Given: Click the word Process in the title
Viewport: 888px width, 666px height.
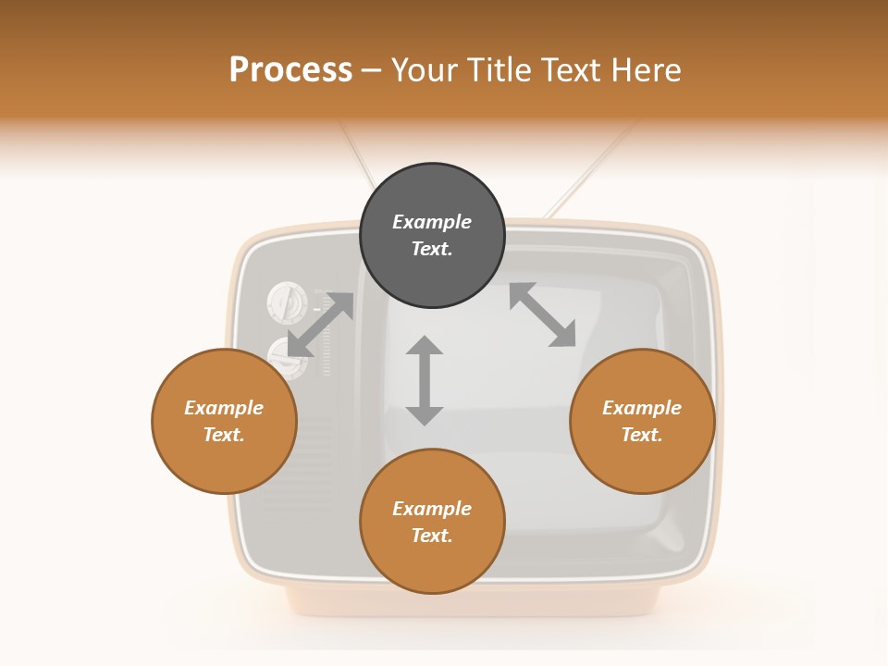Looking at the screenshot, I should pyautogui.click(x=290, y=70).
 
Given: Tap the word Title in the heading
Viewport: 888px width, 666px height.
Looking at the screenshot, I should pyautogui.click(x=499, y=70).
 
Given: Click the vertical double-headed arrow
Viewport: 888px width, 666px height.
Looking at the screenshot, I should pyautogui.click(x=425, y=380).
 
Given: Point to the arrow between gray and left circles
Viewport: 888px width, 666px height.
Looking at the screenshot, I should pyautogui.click(x=320, y=325).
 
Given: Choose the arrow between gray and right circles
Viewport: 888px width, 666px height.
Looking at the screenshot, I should pyautogui.click(x=542, y=314).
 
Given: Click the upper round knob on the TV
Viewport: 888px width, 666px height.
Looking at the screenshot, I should pyautogui.click(x=286, y=303).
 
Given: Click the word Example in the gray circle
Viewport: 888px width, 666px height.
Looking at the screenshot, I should pyautogui.click(x=432, y=222).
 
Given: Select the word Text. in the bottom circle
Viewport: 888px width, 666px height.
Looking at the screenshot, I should pyautogui.click(x=432, y=536).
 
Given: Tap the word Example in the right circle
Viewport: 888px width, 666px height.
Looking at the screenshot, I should pyautogui.click(x=642, y=408).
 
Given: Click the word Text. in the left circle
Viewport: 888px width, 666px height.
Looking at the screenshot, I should pyautogui.click(x=224, y=435).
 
